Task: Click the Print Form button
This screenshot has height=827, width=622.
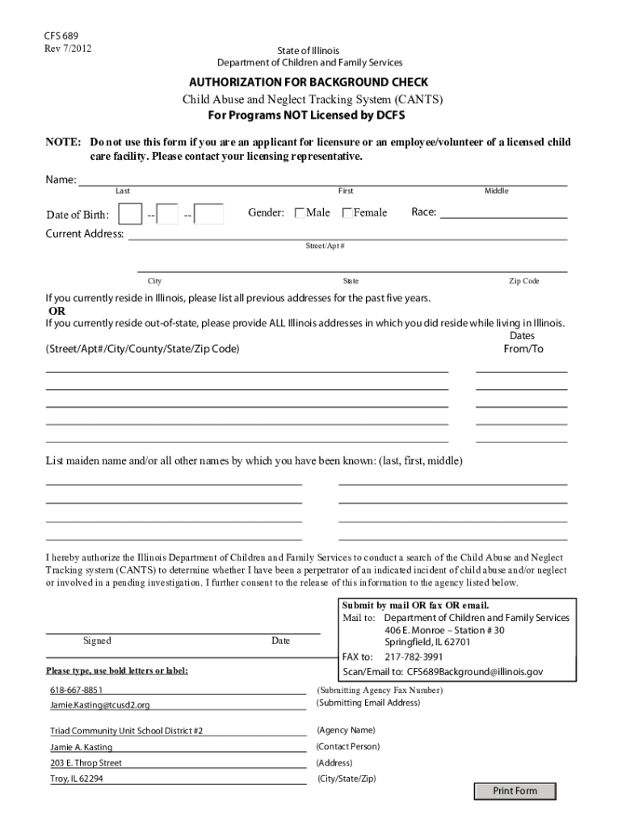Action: point(515,791)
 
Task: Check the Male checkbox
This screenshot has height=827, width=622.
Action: point(300,213)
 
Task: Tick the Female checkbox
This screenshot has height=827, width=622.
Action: point(347,213)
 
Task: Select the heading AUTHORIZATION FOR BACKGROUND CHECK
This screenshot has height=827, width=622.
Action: point(309,82)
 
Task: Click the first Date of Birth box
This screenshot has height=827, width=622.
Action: point(130,214)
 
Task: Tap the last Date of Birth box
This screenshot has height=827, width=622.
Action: point(210,214)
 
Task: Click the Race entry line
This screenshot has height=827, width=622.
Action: point(502,213)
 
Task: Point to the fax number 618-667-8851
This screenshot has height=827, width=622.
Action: point(77,691)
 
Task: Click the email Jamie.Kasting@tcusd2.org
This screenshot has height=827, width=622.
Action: point(100,705)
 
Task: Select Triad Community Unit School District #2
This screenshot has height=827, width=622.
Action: point(126,731)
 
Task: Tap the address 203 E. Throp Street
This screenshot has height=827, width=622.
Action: point(86,763)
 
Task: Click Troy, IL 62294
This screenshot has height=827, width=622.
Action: point(77,779)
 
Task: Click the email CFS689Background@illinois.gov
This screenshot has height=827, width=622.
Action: point(474,671)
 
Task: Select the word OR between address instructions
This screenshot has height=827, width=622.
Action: point(57,311)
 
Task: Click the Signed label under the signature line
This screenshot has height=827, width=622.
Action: point(97,640)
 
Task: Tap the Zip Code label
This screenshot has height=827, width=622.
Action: point(523,281)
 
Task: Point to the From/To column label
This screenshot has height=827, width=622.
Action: point(523,349)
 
